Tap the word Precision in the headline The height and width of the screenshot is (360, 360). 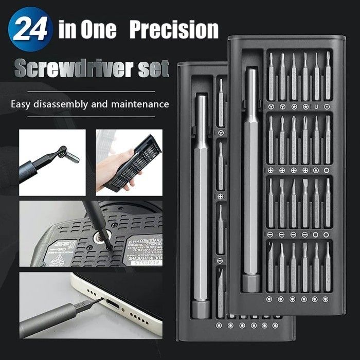pos(174,30)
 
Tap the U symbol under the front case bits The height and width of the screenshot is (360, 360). pos(316,107)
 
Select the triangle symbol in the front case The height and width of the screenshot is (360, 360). pos(316,170)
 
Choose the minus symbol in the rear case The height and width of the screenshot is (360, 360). pos(221,262)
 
